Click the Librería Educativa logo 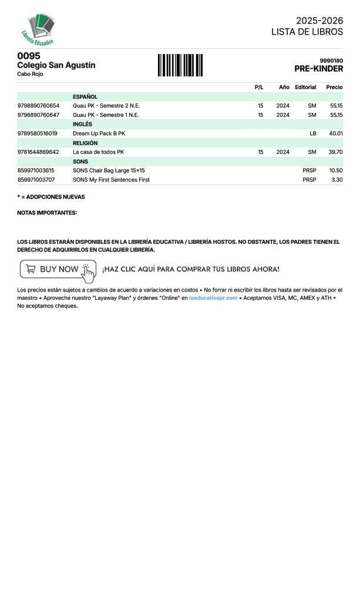[39, 29]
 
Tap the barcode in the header [180, 65]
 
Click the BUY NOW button [58, 269]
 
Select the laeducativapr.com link [213, 298]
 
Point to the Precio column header [334, 87]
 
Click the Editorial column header [305, 87]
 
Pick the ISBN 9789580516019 [38, 133]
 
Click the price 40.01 [336, 133]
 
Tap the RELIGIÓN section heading [85, 143]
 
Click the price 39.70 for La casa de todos [335, 152]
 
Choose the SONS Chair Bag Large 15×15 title [109, 170]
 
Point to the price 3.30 [337, 180]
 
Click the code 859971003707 [36, 180]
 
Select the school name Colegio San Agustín [56, 65]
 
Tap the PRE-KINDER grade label [318, 69]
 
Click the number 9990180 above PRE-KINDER [331, 61]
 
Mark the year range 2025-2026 [319, 21]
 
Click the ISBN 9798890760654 [38, 106]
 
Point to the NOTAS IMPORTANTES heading [47, 213]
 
